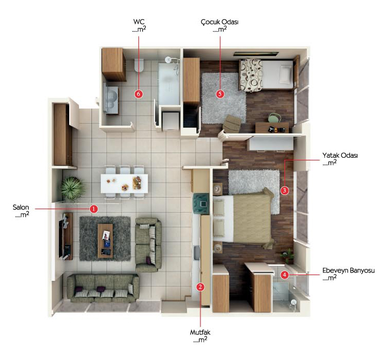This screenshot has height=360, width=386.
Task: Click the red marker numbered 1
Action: [x=94, y=209]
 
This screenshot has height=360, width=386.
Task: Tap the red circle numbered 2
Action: [x=200, y=287]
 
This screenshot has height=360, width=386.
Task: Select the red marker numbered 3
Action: [x=285, y=190]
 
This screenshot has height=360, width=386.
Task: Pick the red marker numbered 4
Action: [x=285, y=275]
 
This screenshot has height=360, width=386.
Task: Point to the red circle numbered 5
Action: [x=220, y=94]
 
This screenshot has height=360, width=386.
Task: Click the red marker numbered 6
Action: [x=138, y=94]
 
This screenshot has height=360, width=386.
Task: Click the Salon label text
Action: [x=21, y=207]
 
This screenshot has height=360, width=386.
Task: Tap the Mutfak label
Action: [x=200, y=332]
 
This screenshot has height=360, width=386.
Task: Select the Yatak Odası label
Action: [x=340, y=156]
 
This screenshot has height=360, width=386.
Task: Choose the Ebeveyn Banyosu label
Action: [x=348, y=271]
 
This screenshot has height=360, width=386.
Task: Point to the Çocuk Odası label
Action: [x=220, y=22]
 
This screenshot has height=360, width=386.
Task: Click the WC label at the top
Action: [x=139, y=22]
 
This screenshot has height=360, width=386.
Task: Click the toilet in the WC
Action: [x=138, y=65]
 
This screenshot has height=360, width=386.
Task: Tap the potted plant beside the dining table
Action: [x=72, y=188]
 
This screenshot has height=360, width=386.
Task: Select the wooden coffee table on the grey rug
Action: [x=105, y=241]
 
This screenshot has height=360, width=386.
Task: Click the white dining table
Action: [x=125, y=184]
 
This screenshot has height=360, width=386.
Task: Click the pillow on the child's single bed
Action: [x=285, y=74]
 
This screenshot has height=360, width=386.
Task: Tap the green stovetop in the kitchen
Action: [x=202, y=204]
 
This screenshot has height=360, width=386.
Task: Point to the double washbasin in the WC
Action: [x=111, y=99]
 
